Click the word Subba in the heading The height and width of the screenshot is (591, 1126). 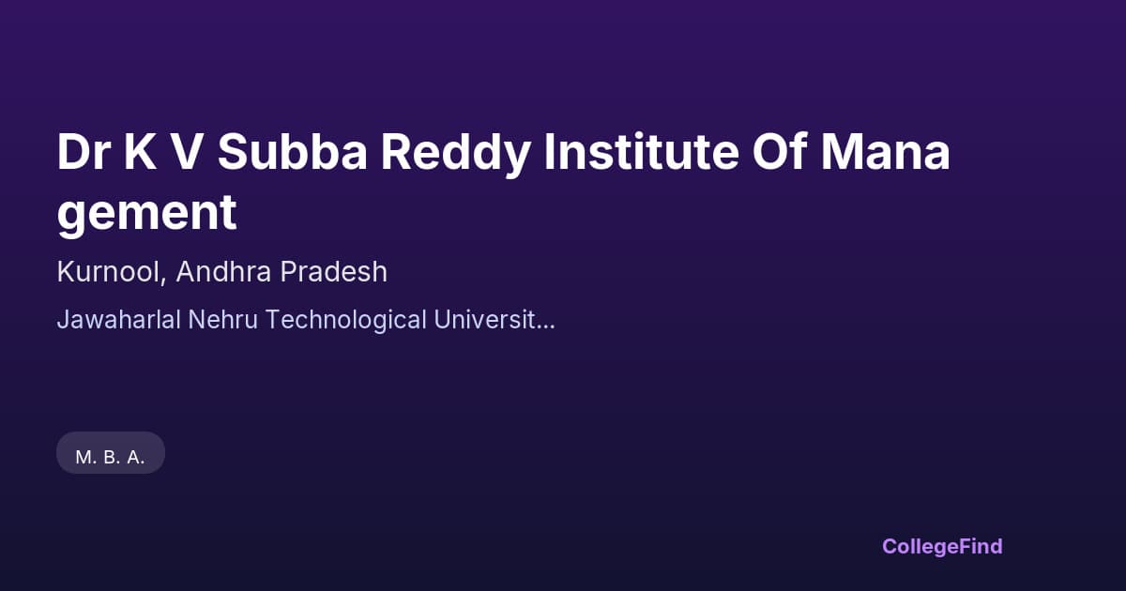click(x=291, y=154)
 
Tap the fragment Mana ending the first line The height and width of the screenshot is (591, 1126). click(x=885, y=154)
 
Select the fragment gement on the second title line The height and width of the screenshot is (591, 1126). click(x=146, y=214)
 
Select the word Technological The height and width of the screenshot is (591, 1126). click(x=344, y=321)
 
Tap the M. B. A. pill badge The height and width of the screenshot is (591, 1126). click(x=111, y=457)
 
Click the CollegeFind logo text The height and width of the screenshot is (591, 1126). click(x=942, y=546)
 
